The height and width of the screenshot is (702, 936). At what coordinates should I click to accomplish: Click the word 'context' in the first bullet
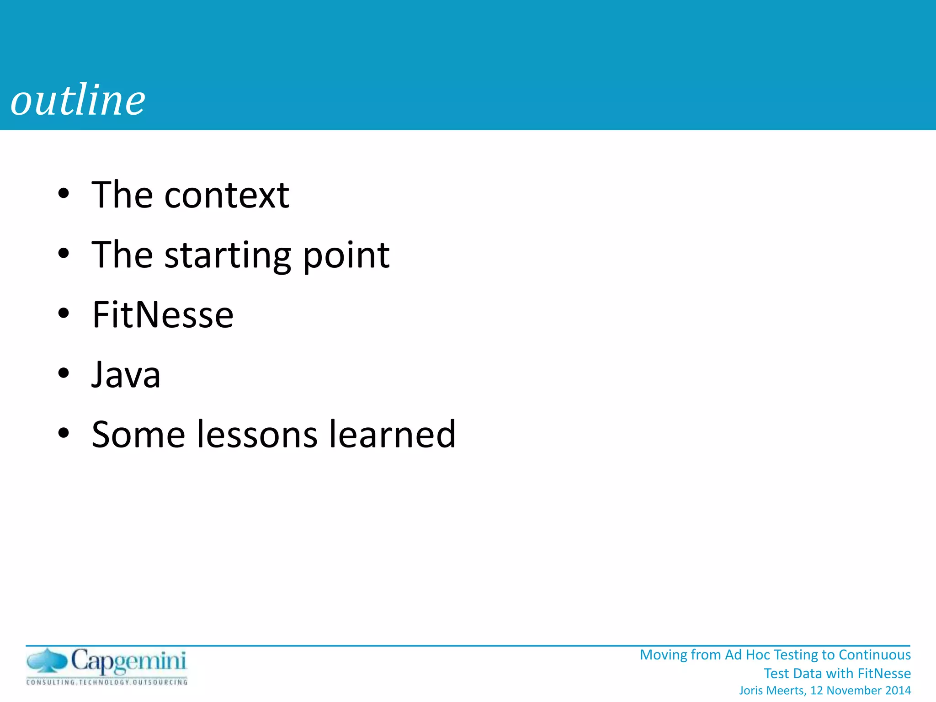point(227,195)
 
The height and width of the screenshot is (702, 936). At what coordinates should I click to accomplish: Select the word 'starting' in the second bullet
point(228,256)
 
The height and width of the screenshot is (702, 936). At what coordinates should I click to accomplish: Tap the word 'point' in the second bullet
point(346,255)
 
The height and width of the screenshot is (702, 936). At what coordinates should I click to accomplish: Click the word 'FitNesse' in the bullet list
point(163,315)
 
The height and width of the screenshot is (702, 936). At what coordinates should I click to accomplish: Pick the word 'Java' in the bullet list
point(126,375)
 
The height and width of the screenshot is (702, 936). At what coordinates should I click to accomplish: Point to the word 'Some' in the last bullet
point(138,434)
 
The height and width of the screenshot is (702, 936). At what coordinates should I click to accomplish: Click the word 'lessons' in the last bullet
point(257,434)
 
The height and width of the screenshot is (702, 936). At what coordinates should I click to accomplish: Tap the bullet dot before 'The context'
point(64,193)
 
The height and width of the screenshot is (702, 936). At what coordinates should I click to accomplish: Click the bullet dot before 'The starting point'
point(64,254)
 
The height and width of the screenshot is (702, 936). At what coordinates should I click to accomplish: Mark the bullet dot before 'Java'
point(64,373)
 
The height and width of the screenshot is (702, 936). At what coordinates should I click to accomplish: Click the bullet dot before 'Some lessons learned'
point(64,433)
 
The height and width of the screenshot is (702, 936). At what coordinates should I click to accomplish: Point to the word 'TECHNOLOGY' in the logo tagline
point(105,682)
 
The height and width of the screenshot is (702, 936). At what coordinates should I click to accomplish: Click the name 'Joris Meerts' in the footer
point(772,690)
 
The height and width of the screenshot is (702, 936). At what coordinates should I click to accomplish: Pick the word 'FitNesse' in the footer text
point(884,673)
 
